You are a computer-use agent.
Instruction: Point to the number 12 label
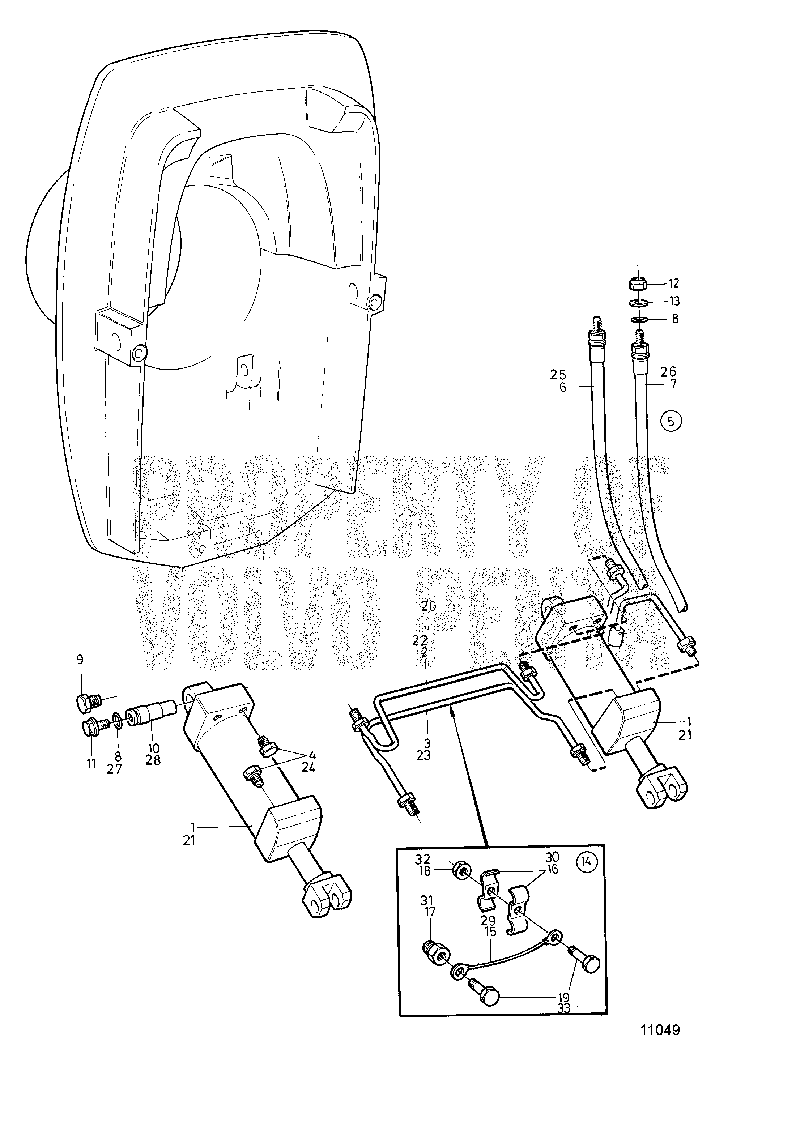673,283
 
